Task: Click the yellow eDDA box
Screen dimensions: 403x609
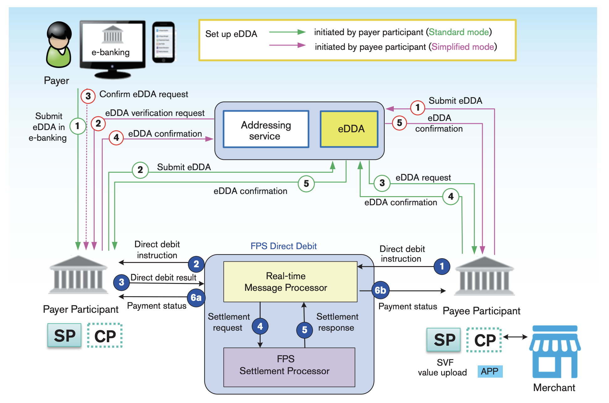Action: pyautogui.click(x=349, y=129)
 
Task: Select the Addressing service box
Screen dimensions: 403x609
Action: pyautogui.click(x=266, y=129)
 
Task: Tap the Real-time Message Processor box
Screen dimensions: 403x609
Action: pyautogui.click(x=290, y=282)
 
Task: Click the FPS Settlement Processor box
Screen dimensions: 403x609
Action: pyautogui.click(x=289, y=367)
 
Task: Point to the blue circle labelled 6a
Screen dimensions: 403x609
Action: pyautogui.click(x=196, y=297)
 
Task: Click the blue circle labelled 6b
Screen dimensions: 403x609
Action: pyautogui.click(x=380, y=290)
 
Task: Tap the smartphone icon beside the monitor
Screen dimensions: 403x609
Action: pyautogui.click(x=164, y=42)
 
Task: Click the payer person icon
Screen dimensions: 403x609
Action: pyautogui.click(x=59, y=45)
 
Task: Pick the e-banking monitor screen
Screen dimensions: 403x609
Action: pyautogui.click(x=112, y=42)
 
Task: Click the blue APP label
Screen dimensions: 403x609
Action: pyautogui.click(x=490, y=371)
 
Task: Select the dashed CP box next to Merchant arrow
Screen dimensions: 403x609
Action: pyautogui.click(x=484, y=340)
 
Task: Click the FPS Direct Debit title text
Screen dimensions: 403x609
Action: pyautogui.click(x=284, y=246)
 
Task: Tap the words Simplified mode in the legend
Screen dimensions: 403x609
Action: pyautogui.click(x=462, y=47)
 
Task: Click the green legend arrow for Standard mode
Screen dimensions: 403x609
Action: pyautogui.click(x=287, y=32)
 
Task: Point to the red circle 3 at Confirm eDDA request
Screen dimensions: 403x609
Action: pyautogui.click(x=88, y=96)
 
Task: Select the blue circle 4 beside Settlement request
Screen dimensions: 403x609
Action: pyautogui.click(x=260, y=326)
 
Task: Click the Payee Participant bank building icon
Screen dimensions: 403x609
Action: pyautogui.click(x=484, y=276)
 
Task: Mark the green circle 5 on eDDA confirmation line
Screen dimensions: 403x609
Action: pyautogui.click(x=306, y=184)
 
